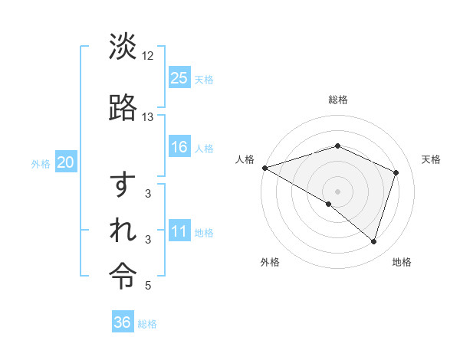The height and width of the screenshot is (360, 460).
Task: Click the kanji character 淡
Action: (123, 47)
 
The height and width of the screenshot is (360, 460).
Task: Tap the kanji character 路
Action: (123, 107)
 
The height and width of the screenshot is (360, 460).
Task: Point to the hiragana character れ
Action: (123, 230)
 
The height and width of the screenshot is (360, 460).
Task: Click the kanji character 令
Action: (123, 274)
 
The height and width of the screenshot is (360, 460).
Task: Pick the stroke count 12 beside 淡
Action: (148, 56)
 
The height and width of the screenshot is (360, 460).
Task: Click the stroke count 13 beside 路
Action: (148, 117)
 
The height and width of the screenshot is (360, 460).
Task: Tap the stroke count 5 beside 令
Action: (149, 286)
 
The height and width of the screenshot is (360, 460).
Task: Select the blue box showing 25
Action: (179, 77)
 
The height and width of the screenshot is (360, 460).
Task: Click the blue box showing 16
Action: (179, 146)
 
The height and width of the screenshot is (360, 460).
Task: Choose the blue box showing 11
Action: (179, 231)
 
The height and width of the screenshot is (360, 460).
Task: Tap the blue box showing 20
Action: (66, 162)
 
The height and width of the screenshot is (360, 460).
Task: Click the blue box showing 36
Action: (122, 322)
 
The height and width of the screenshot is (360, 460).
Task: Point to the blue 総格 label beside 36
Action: (147, 324)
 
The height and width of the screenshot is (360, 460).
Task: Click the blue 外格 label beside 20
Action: (41, 163)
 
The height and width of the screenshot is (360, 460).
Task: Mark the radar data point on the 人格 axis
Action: (264, 167)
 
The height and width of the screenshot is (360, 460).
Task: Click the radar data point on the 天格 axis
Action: (396, 172)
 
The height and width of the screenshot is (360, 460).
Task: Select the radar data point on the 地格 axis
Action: (373, 241)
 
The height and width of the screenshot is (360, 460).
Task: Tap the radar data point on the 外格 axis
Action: (329, 204)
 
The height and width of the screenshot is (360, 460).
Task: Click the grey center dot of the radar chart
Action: (338, 191)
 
